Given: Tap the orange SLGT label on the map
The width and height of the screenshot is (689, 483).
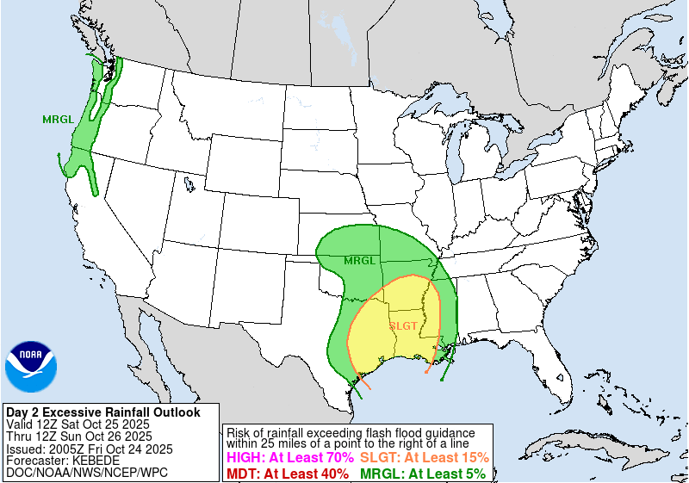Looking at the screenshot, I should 403,325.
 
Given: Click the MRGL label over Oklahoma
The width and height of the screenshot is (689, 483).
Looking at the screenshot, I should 359,260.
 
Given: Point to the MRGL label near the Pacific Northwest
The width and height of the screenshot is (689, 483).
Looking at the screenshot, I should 57,120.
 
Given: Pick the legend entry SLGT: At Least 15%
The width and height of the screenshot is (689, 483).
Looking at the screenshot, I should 425,458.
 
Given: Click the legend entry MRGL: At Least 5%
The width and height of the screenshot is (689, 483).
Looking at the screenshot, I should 422,473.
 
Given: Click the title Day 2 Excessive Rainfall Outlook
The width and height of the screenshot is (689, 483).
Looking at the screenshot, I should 103,412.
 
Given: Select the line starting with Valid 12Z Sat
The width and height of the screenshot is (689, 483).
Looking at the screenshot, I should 78,424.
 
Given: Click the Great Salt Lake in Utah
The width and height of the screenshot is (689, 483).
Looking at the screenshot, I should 188,183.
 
